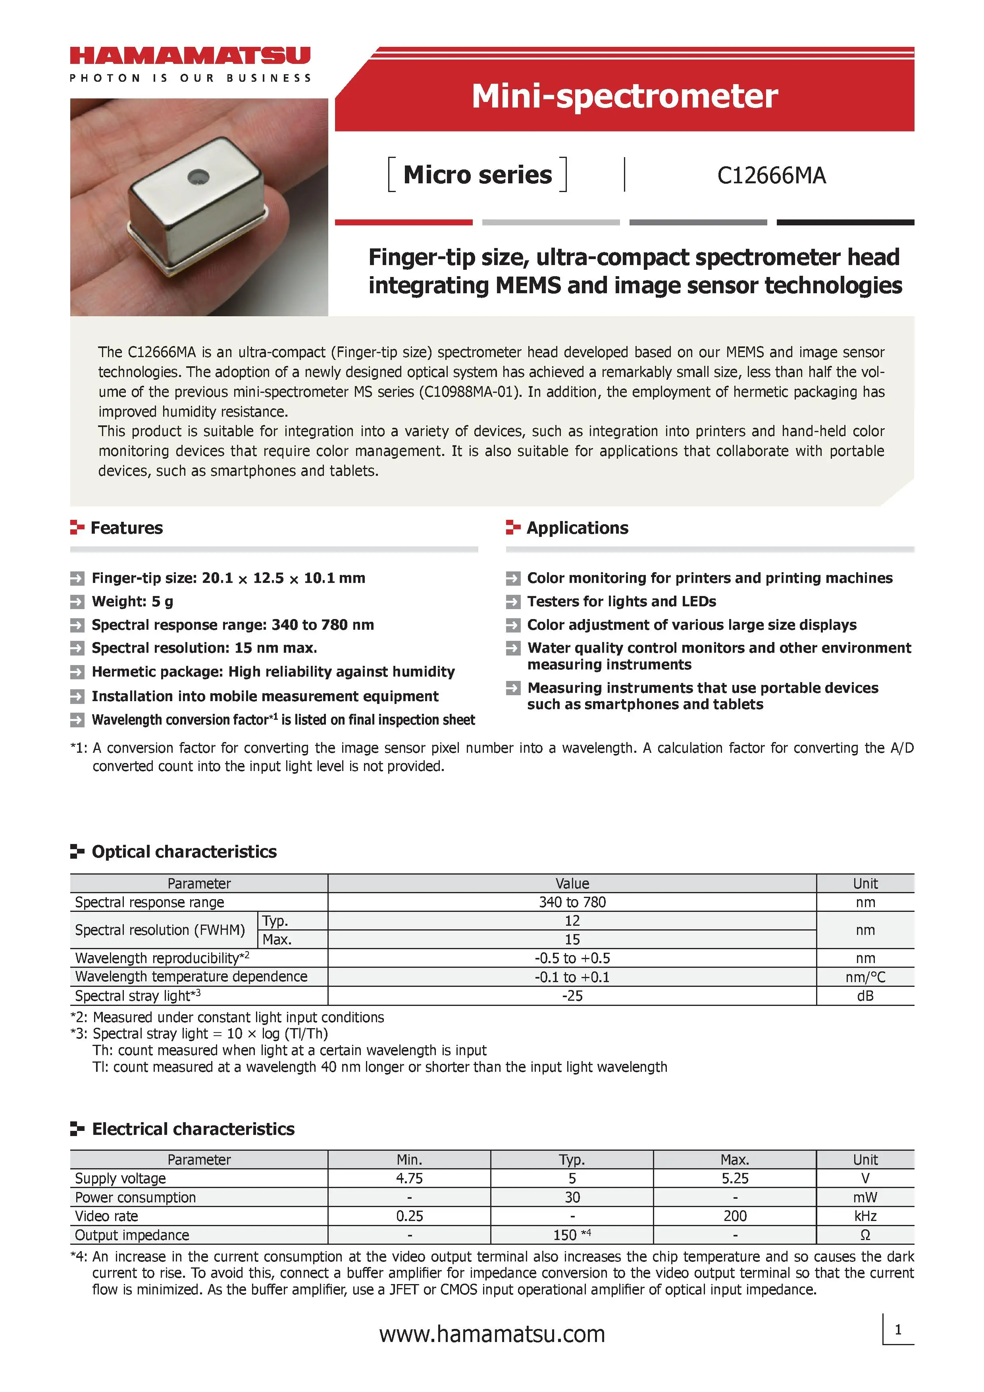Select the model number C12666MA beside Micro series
click(771, 176)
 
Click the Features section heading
click(126, 528)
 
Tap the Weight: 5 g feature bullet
click(132, 602)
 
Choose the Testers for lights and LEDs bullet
click(622, 602)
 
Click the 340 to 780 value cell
click(572, 902)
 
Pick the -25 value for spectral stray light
click(572, 996)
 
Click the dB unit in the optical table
click(865, 996)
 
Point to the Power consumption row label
click(135, 1198)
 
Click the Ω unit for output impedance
click(865, 1235)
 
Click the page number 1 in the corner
click(898, 1330)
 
